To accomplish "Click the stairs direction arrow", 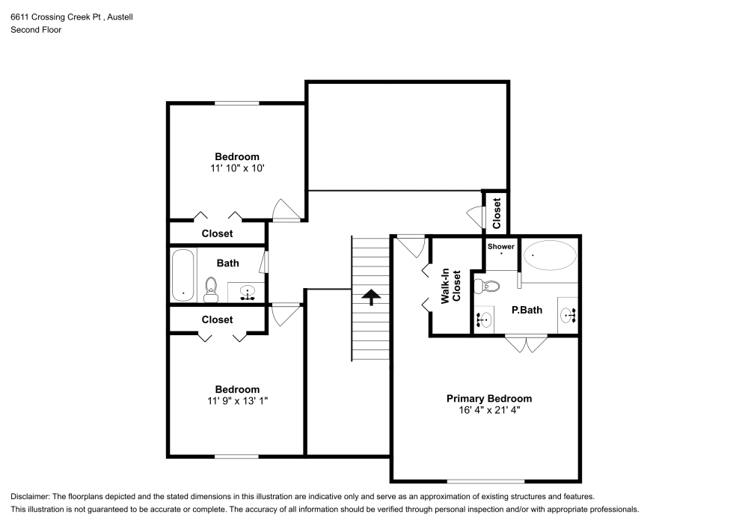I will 370,298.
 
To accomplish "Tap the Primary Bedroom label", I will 489,399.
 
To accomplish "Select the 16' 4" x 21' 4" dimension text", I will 489,411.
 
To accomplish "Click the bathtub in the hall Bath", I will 183,275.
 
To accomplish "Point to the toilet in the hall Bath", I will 211,290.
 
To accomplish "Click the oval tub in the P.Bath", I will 550,256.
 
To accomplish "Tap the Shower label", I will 501,246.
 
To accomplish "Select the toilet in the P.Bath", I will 487,285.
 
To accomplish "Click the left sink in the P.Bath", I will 484,320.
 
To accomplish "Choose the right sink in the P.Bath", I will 568,316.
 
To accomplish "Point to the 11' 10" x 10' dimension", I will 237,168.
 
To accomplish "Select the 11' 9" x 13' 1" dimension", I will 237,401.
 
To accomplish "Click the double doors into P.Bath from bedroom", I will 526,344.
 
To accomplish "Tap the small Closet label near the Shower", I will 497,212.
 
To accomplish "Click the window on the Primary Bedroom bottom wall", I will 486,480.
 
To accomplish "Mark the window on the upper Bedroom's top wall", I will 237,103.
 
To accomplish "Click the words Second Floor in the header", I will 36,30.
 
